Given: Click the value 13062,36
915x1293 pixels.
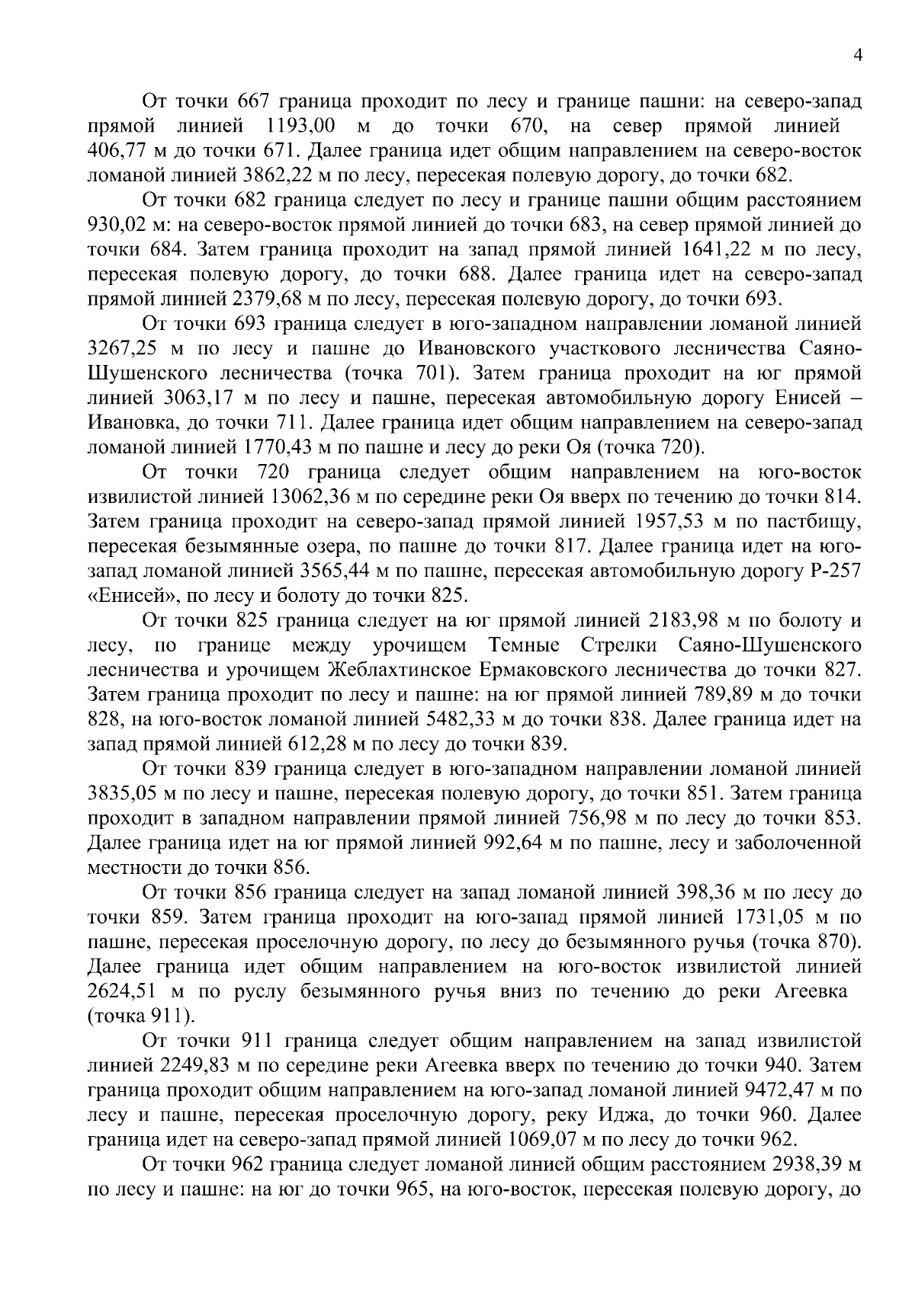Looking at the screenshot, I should pos(315,498).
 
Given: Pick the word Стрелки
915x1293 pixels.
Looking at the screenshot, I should pos(618,647).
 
